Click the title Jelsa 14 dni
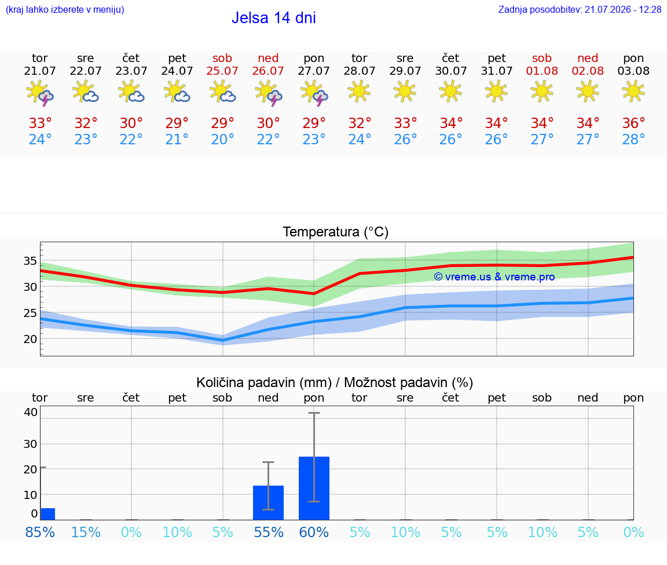[x=273, y=18]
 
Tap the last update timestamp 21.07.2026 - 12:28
[x=623, y=9]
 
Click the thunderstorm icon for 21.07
[x=39, y=93]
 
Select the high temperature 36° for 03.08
[x=633, y=123]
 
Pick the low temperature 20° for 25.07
[x=222, y=139]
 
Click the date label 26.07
[x=268, y=71]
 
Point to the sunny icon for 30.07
[x=450, y=92]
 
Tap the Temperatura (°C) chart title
[x=336, y=232]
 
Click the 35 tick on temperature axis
[x=30, y=261]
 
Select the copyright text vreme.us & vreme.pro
[x=494, y=277]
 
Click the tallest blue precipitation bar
[x=314, y=488]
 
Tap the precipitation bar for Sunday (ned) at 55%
[x=269, y=502]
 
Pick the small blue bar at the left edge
[x=47, y=514]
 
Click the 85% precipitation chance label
[x=40, y=532]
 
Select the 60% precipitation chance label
[x=314, y=532]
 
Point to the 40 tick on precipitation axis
[x=31, y=411]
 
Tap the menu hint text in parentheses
[x=65, y=9]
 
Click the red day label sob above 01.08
[x=542, y=58]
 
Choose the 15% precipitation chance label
[x=86, y=532]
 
